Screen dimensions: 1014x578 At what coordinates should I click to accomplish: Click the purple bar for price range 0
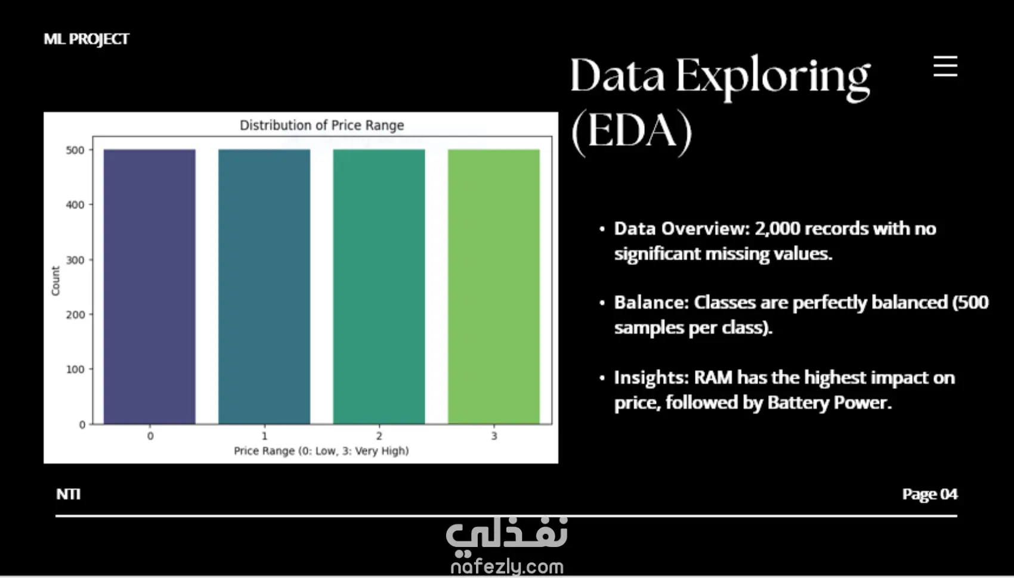149,287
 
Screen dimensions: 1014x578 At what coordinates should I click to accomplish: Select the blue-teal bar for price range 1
264,287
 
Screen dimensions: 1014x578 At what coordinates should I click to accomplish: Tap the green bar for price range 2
379,287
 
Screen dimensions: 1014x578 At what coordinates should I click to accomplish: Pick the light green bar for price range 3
494,287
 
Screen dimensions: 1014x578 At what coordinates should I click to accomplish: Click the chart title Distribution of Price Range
322,125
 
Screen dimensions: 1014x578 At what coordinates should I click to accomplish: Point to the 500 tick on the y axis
75,150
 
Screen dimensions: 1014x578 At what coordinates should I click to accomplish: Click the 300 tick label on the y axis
75,260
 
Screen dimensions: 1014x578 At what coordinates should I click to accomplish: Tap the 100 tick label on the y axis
75,369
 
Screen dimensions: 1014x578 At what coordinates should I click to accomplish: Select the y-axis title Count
55,281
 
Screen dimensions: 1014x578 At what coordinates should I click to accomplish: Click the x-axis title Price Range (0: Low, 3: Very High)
321,451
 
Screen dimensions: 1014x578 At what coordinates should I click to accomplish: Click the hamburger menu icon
945,67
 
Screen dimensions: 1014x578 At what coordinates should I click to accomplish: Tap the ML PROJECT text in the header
86,39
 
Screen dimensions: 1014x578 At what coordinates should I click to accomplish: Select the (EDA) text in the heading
632,131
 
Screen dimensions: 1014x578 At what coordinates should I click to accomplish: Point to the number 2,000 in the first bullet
777,229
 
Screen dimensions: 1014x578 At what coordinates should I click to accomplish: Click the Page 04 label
930,494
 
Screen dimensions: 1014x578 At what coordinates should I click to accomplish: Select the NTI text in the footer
69,494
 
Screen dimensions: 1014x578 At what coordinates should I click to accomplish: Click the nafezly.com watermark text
507,567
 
